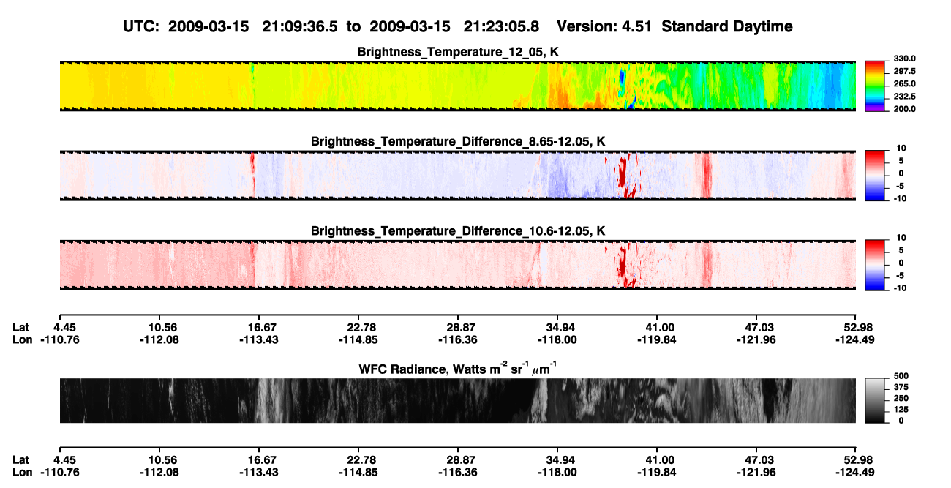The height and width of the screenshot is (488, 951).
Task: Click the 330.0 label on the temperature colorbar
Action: [904, 59]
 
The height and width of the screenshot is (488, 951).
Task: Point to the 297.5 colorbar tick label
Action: [904, 72]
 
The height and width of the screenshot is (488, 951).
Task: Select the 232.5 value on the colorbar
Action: [904, 97]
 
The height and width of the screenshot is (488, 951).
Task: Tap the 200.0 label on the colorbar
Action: [904, 109]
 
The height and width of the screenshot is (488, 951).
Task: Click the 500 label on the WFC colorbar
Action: [901, 376]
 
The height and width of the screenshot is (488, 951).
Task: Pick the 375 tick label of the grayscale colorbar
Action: [901, 387]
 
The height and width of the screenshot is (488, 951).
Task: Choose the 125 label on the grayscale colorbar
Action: [901, 410]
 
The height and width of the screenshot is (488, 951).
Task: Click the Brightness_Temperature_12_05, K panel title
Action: [458, 52]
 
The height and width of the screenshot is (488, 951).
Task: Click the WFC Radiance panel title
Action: [457, 368]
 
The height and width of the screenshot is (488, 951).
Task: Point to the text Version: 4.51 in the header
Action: [604, 27]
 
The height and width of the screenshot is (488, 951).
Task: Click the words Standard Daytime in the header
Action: [727, 27]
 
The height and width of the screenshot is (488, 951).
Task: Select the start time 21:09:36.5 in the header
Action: [300, 27]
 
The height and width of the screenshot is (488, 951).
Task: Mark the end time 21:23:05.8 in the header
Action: [501, 27]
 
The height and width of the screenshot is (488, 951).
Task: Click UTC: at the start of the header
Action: [141, 27]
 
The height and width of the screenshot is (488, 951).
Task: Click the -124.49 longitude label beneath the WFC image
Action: [855, 473]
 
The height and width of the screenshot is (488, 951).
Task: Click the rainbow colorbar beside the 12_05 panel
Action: [875, 86]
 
